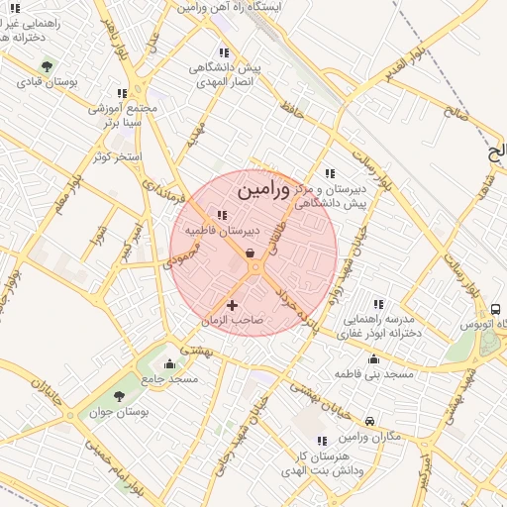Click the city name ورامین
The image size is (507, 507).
[x=264, y=187]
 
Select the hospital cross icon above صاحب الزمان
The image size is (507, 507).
[x=233, y=305]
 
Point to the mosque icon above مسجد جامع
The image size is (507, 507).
[x=170, y=363]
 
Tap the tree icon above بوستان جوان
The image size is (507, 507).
[x=119, y=396]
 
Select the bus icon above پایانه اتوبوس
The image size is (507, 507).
[x=495, y=308]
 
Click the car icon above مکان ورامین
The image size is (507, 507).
[x=369, y=421]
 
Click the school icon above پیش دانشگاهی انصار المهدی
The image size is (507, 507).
[x=224, y=52]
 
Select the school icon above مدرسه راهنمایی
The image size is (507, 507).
[x=377, y=304]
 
